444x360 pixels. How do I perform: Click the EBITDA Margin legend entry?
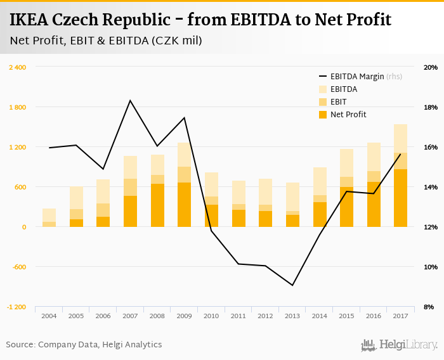coord(357,77)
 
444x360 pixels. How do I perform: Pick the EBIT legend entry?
coord(339,102)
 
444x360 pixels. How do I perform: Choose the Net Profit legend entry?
coord(348,115)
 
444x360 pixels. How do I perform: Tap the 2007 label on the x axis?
coord(130,316)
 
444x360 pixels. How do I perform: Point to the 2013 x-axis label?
coord(292,316)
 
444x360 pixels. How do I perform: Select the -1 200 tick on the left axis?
coord(16,307)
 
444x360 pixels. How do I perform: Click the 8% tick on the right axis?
coord(429,307)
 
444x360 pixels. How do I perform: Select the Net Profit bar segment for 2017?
coord(400,198)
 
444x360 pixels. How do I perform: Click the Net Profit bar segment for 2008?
coord(157,205)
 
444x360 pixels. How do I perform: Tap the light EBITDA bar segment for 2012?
coord(265,191)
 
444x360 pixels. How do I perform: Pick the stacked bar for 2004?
coord(49,217)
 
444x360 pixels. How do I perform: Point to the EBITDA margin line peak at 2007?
coord(130,100)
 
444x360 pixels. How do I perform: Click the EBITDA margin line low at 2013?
coord(292,285)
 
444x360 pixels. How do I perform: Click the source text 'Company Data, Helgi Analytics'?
coord(100,345)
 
